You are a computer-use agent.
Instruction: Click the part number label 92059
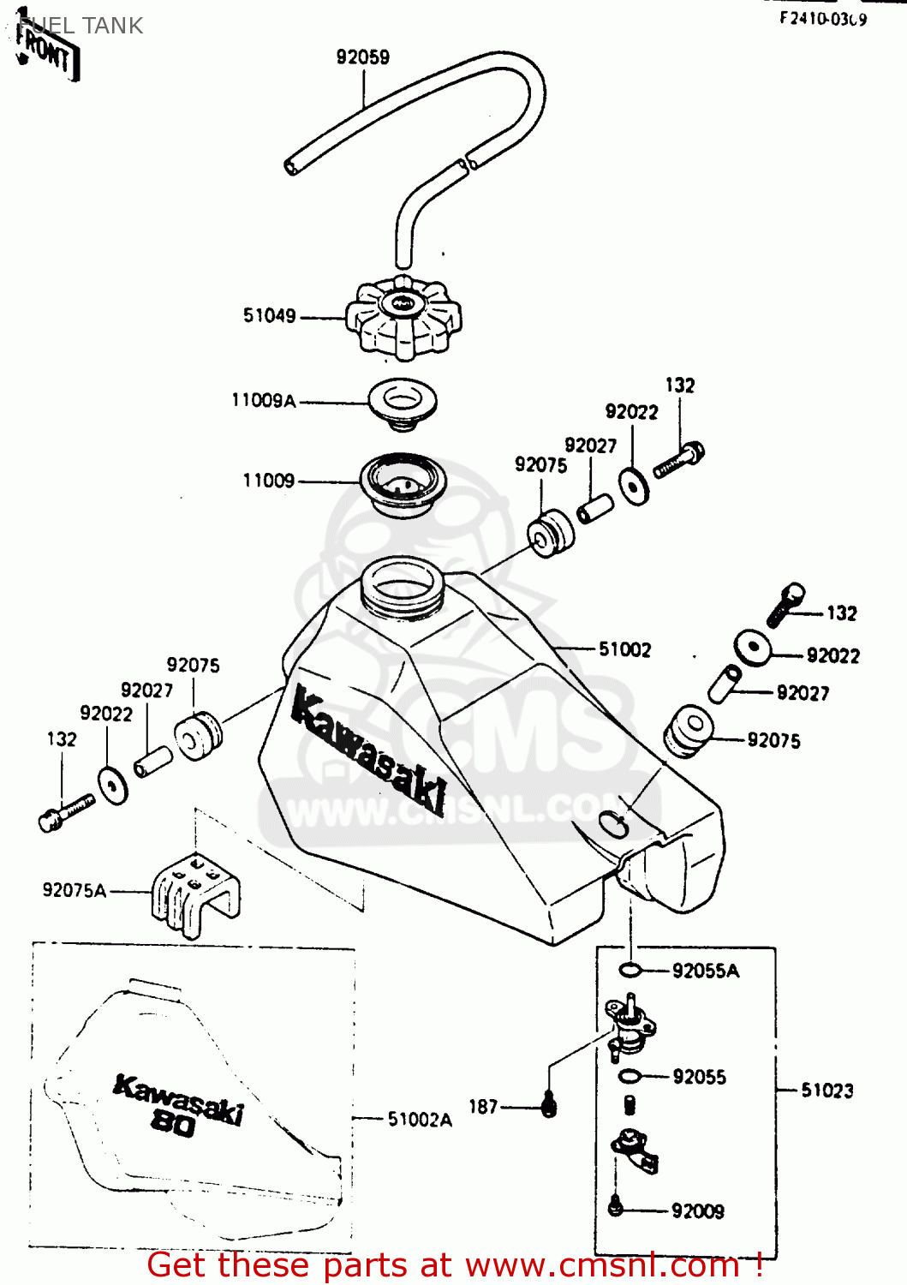(362, 57)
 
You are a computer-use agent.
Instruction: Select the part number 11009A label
(264, 400)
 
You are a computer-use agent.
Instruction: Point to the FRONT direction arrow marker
(47, 51)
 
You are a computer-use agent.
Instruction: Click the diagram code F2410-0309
(822, 19)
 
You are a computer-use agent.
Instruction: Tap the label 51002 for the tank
(624, 649)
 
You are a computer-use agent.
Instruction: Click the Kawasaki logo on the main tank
(368, 750)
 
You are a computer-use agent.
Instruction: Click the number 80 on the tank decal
(173, 1122)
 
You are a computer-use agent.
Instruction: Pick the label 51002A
(420, 1119)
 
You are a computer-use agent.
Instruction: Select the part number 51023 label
(826, 1091)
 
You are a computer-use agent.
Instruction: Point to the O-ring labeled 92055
(630, 1076)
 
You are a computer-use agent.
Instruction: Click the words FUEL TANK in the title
(81, 26)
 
